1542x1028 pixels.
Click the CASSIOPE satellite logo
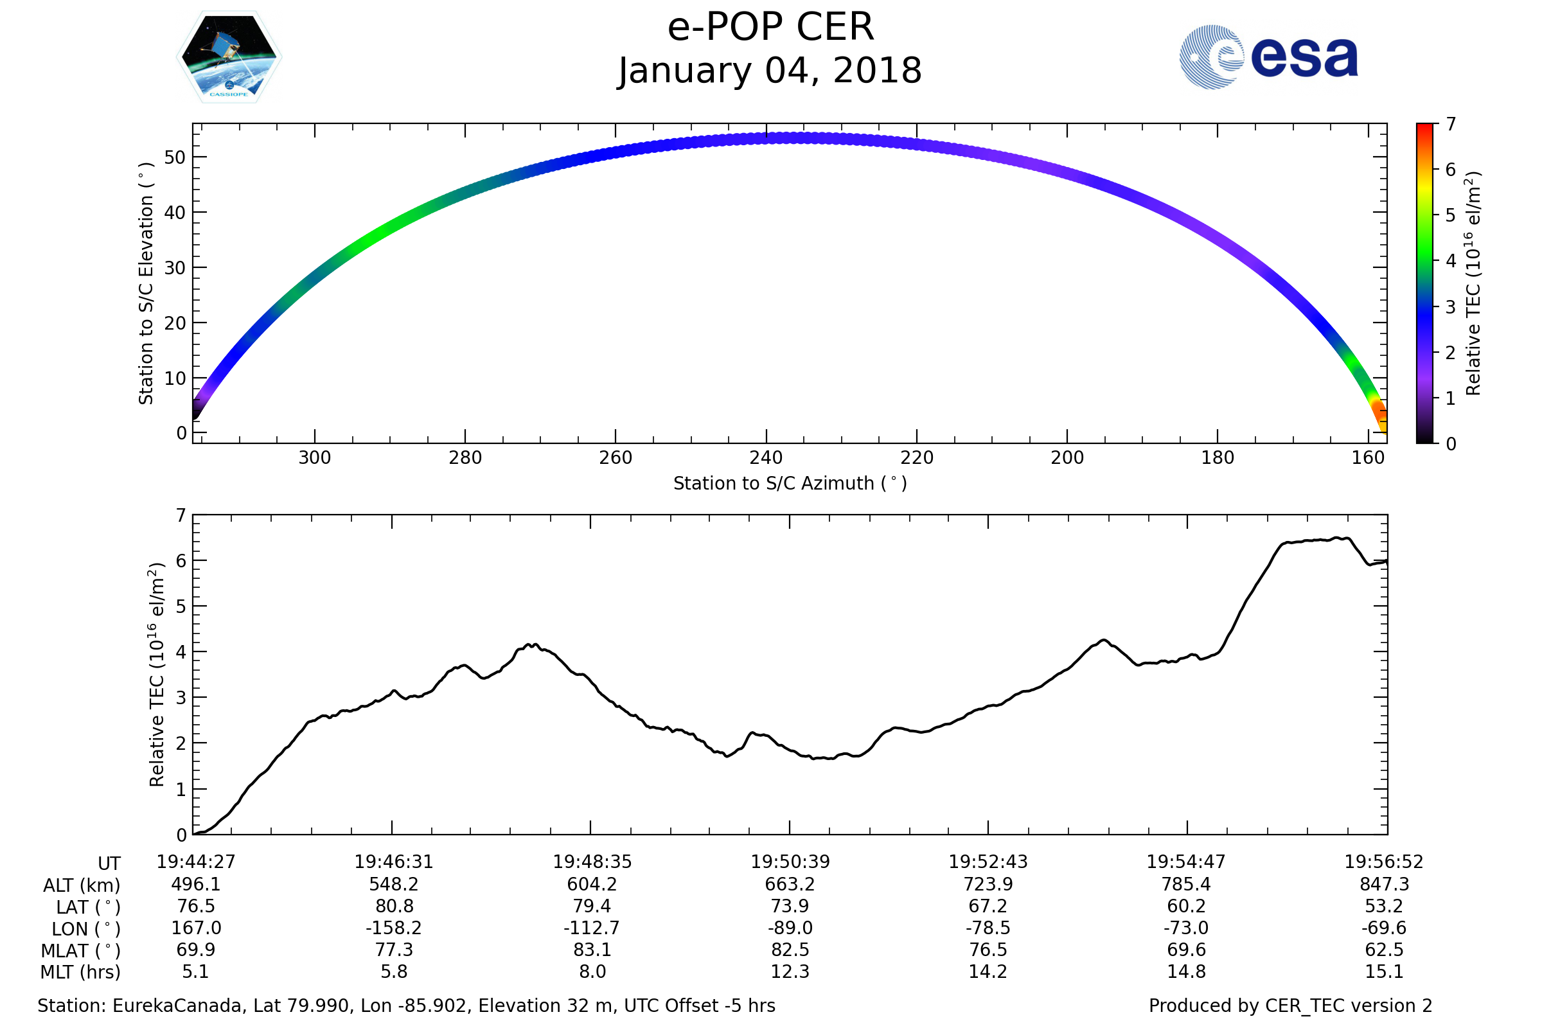coord(229,57)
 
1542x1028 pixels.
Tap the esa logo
coord(1268,57)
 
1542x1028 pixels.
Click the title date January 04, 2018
coord(770,71)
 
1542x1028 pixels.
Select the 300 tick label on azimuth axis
coord(315,457)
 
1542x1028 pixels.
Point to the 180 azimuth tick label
coord(1218,457)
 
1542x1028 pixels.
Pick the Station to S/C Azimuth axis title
coord(790,484)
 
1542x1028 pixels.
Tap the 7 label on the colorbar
coord(1451,124)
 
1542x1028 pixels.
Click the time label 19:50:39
coord(790,862)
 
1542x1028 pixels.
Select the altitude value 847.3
coord(1384,884)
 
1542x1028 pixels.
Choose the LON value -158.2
coord(393,928)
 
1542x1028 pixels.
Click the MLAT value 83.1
coord(592,950)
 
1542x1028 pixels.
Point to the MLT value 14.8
coord(1186,971)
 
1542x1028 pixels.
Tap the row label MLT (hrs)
coord(81,971)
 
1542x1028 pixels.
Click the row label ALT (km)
coord(82,885)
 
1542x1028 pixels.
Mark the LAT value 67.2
coord(988,906)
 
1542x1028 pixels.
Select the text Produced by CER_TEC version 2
coord(1290,1006)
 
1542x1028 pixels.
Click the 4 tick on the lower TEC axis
coord(181,651)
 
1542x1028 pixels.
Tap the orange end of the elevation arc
coord(1380,417)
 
